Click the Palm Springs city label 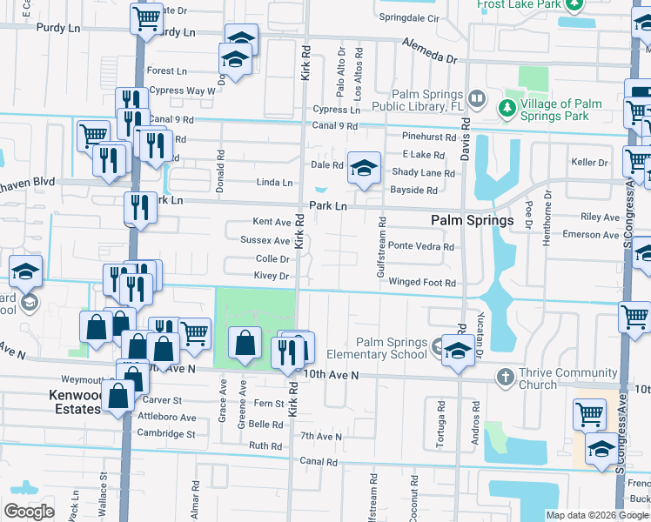472,221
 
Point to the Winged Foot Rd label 422,283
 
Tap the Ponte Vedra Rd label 420,246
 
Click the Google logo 29,512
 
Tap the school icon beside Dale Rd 364,169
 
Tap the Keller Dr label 589,163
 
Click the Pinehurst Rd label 429,137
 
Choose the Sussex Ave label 265,240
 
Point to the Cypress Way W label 182,90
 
